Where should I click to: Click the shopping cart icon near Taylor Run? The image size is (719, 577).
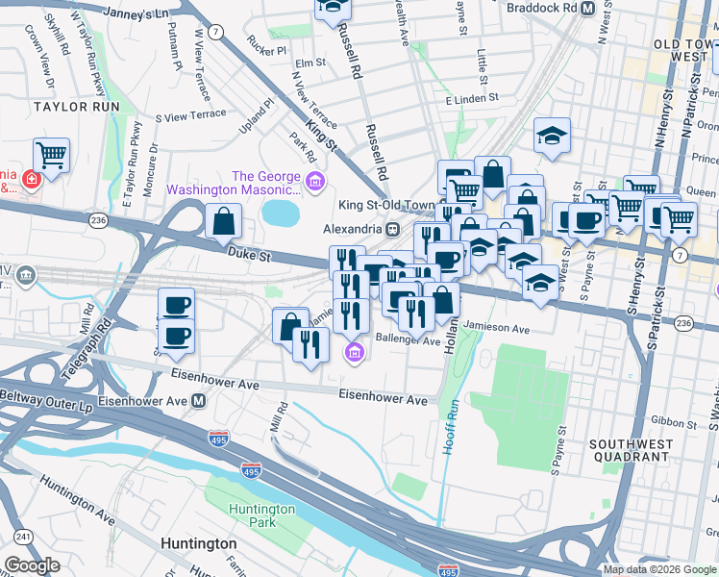pyautogui.click(x=51, y=154)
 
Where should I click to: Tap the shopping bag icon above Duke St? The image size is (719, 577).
pyautogui.click(x=223, y=221)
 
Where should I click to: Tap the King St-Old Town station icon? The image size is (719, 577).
pyautogui.click(x=392, y=230)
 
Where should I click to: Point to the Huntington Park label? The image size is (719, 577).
pyautogui.click(x=261, y=515)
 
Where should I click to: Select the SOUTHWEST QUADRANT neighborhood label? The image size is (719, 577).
pyautogui.click(x=628, y=450)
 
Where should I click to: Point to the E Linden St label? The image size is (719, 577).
pyautogui.click(x=471, y=98)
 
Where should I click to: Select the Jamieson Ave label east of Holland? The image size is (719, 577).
pyautogui.click(x=497, y=329)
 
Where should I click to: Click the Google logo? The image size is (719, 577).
pyautogui.click(x=32, y=565)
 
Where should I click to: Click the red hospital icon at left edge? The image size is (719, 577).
pyautogui.click(x=32, y=179)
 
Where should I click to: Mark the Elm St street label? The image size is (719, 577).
pyautogui.click(x=310, y=63)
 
